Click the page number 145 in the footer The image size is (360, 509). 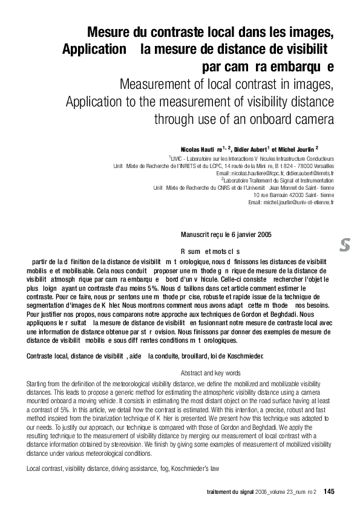click(x=329, y=491)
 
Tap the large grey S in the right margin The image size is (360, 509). click(x=345, y=245)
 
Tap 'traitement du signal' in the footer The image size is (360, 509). click(x=232, y=491)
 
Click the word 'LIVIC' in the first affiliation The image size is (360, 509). click(x=179, y=158)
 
